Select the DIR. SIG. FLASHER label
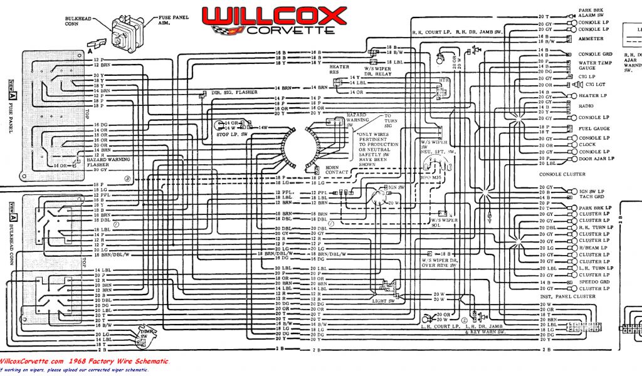[x=234, y=92]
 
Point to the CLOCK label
[x=587, y=145]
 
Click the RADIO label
[x=586, y=106]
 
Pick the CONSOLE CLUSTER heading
[x=563, y=174]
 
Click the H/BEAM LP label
[x=592, y=248]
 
